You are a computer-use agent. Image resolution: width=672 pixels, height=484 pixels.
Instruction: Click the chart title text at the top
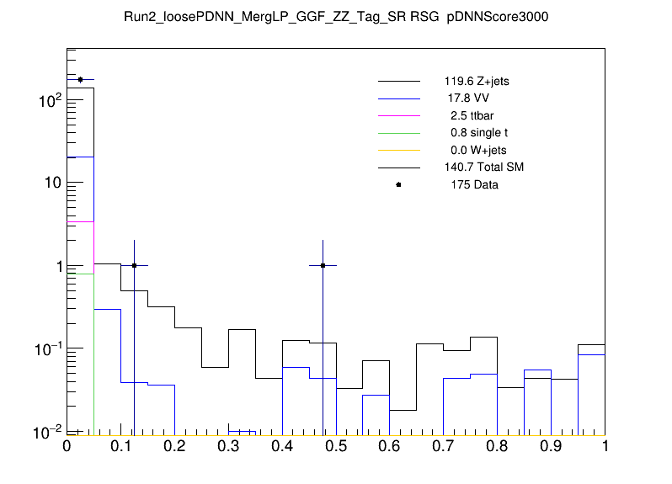tap(336, 17)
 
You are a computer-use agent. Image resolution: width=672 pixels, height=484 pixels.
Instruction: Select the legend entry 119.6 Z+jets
tap(476, 82)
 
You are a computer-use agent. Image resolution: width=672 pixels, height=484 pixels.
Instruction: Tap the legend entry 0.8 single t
tap(477, 133)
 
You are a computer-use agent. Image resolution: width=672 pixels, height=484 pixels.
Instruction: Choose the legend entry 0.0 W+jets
tap(475, 150)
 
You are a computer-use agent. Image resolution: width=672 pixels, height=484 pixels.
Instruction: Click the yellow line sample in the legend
tap(398, 150)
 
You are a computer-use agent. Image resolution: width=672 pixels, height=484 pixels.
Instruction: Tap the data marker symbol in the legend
tap(398, 184)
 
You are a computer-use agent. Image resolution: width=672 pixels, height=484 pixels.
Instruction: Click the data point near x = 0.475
tap(323, 265)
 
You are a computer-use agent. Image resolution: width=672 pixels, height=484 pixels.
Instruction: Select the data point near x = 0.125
tap(134, 265)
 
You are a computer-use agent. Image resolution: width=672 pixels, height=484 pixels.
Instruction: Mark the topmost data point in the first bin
tap(80, 79)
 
